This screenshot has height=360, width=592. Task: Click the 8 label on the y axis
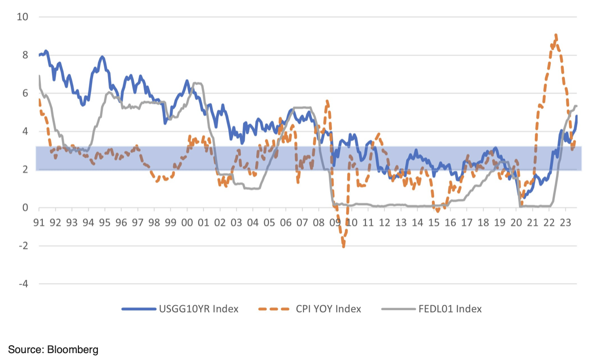24,55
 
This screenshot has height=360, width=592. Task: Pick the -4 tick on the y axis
23,284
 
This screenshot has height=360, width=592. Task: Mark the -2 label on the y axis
23,246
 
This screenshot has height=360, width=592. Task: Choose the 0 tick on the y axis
24,208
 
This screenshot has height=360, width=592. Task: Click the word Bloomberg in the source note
73,349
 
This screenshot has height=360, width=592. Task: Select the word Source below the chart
25,349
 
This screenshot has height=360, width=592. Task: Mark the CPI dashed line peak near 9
555,35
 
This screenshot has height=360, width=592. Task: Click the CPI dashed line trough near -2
344,246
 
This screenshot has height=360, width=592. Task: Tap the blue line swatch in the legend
138,309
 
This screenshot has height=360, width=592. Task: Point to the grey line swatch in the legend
395,309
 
